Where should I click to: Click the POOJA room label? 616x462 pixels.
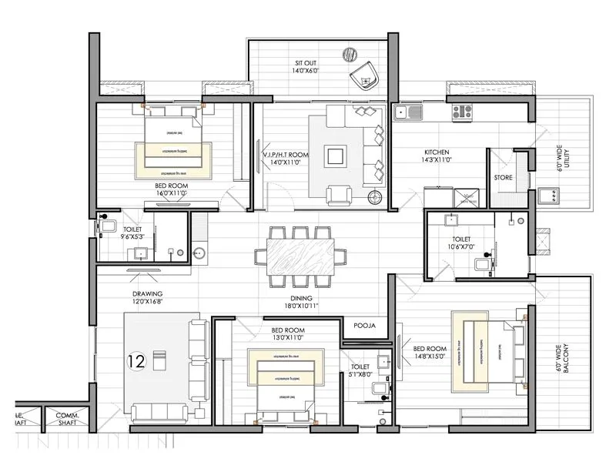(x=364, y=326)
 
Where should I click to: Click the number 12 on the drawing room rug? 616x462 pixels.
(x=136, y=360)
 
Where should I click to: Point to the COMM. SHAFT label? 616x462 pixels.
(x=69, y=419)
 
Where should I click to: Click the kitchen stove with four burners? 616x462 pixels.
(x=463, y=112)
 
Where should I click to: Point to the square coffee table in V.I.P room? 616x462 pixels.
(x=336, y=156)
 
